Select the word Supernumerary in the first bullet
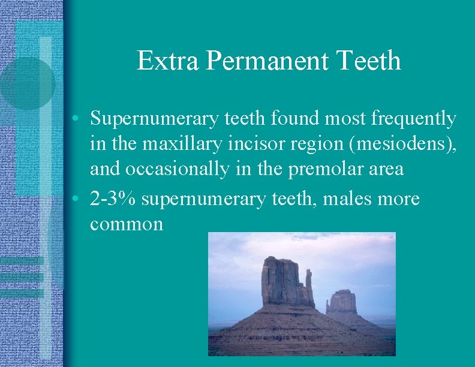[154, 119]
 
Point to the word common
[127, 224]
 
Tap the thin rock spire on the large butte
[309, 279]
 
